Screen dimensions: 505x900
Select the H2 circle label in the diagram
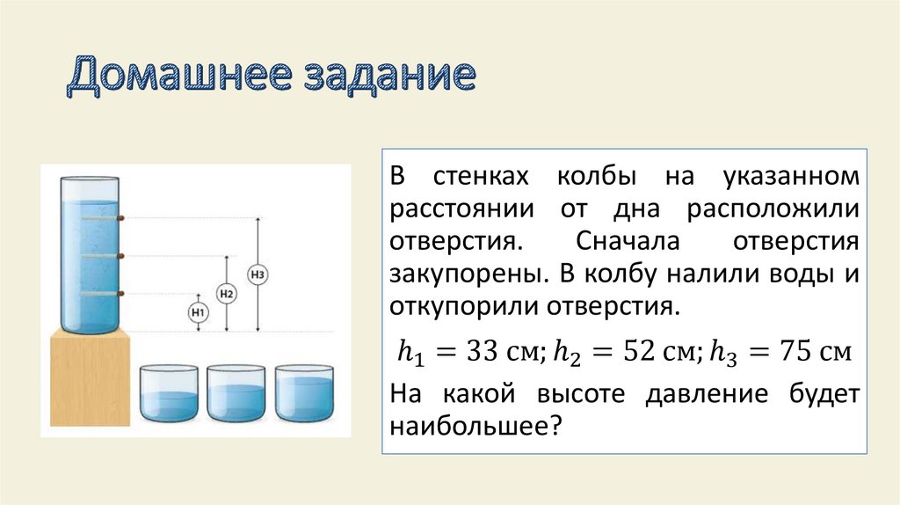227,294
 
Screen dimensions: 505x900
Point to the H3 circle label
258,274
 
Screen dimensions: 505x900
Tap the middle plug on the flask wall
121,256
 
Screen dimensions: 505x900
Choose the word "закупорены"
461,274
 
